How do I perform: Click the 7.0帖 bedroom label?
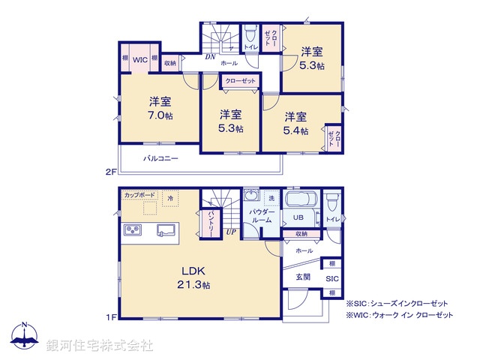pyautogui.click(x=159, y=109)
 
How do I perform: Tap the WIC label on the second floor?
pyautogui.click(x=139, y=58)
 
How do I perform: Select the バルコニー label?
pyautogui.click(x=160, y=159)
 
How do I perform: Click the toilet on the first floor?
pyautogui.click(x=331, y=202)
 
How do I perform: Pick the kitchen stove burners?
pyautogui.click(x=133, y=229)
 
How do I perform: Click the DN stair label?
pyautogui.click(x=211, y=56)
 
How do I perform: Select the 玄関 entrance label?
pyautogui.click(x=302, y=277)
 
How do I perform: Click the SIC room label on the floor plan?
pyautogui.click(x=331, y=278)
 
